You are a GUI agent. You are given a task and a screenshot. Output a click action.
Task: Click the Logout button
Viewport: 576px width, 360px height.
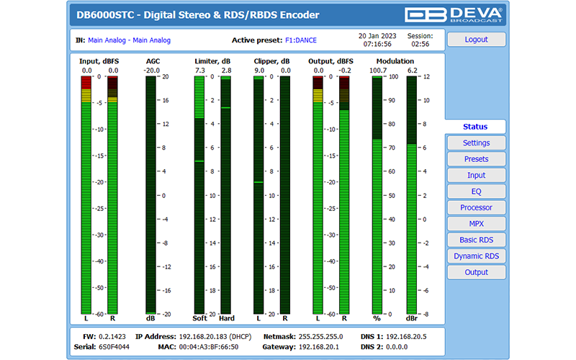point(476,40)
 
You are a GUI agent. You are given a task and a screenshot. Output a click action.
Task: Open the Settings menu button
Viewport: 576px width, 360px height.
point(476,143)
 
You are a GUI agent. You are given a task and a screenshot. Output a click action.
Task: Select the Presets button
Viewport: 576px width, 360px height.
point(476,159)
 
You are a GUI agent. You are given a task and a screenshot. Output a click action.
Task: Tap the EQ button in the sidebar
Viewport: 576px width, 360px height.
point(476,192)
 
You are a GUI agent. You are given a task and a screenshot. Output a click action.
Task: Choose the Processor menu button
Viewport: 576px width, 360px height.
point(476,207)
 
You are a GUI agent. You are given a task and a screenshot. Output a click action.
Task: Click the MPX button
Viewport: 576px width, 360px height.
point(476,224)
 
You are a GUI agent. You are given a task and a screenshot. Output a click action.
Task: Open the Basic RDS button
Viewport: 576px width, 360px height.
point(476,240)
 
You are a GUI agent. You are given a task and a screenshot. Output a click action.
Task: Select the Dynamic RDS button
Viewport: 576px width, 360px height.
point(476,256)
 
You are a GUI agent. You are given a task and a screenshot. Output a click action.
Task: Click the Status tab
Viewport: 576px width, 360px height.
point(475,127)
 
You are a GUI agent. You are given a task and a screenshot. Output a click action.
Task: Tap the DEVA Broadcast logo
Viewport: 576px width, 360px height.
point(454,15)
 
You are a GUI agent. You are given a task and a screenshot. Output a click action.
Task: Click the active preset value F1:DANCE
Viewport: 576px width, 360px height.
point(301,40)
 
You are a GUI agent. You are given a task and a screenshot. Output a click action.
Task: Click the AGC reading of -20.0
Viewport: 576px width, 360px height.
point(152,71)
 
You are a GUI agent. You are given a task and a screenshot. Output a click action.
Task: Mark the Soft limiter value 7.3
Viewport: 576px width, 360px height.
point(199,71)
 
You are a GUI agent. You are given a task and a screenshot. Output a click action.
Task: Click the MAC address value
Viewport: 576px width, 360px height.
point(210,347)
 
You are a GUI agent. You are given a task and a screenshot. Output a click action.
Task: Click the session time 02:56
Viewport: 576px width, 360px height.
point(420,44)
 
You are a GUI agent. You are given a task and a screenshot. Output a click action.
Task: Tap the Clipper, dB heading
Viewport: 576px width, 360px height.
point(272,62)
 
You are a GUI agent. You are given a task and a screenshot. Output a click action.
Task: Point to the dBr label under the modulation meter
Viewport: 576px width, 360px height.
point(412,318)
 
